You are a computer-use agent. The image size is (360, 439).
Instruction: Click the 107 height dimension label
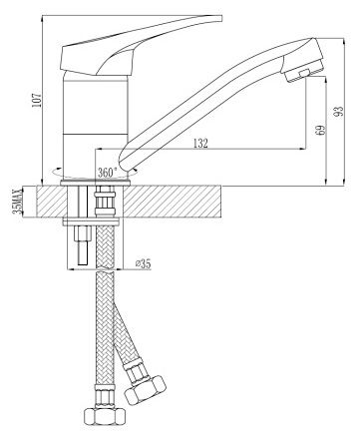point(36,98)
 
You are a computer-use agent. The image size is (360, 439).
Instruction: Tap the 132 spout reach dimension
point(200,144)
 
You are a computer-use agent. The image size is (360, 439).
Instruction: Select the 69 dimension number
point(320,130)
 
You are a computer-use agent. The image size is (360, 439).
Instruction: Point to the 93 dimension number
point(338,111)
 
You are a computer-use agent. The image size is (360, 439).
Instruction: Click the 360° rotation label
point(107,173)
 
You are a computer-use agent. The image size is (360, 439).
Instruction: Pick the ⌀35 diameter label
point(143,264)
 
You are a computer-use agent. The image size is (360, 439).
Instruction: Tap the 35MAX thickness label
point(16,202)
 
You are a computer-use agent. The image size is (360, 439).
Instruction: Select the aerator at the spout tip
point(303,69)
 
